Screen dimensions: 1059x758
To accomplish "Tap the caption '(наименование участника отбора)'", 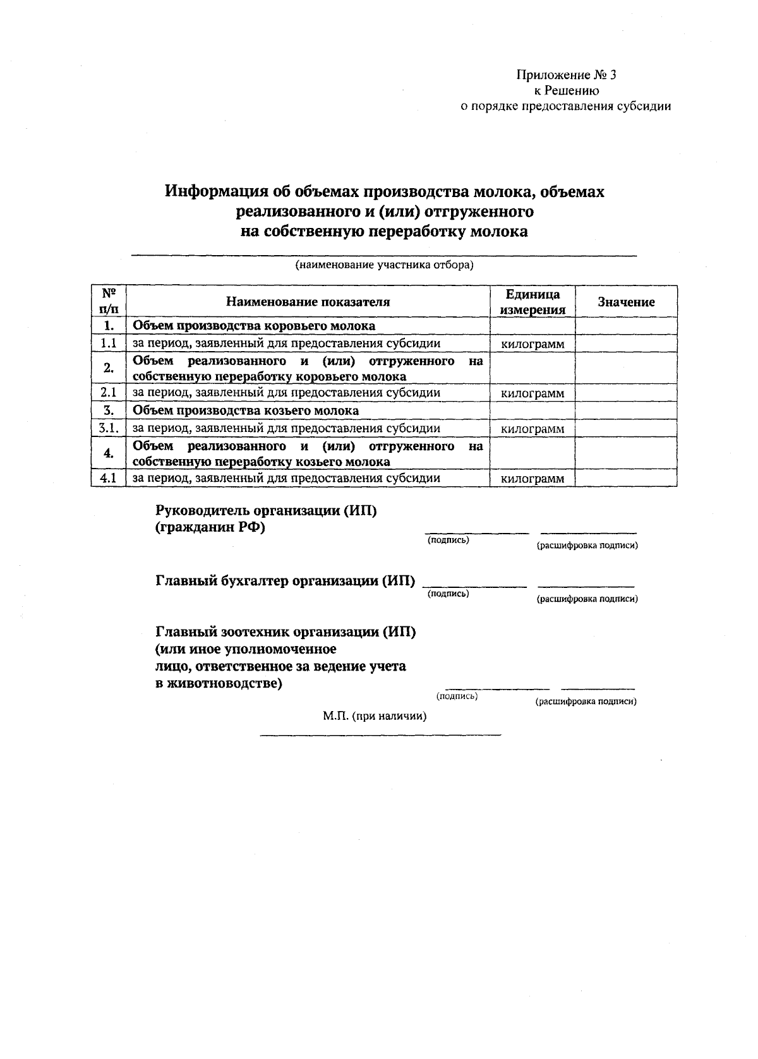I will [x=384, y=265].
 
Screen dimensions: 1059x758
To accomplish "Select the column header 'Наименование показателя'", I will [x=308, y=302].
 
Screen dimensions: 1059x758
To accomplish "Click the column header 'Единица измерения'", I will [x=532, y=302].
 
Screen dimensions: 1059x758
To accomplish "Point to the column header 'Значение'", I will [x=626, y=302].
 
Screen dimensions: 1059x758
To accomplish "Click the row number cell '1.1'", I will [x=109, y=344].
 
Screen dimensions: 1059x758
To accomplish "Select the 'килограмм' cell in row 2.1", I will [x=532, y=393].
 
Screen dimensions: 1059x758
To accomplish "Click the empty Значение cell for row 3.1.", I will [x=626, y=429].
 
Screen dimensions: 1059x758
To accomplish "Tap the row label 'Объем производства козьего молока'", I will [x=246, y=410].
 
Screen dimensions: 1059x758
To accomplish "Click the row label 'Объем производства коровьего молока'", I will [x=253, y=326].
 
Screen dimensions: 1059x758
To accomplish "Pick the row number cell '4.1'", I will [x=109, y=478].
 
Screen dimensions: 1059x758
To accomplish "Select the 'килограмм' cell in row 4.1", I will [x=532, y=479].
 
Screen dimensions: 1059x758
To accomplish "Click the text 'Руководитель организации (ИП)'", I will [x=266, y=511].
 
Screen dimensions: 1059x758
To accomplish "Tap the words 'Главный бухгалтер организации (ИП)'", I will [x=286, y=581].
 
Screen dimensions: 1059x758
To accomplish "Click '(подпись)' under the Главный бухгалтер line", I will [x=448, y=594].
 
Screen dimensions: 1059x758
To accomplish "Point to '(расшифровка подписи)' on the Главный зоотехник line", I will [x=586, y=702].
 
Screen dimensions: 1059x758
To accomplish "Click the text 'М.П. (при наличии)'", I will [x=375, y=717].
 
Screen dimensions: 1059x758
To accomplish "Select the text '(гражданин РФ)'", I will [x=210, y=528].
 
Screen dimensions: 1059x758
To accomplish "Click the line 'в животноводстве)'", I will [x=219, y=684].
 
